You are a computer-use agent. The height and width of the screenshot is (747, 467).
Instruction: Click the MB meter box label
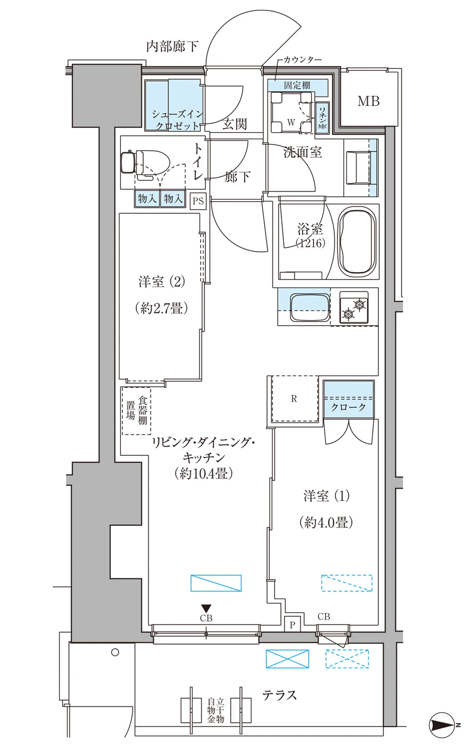368,101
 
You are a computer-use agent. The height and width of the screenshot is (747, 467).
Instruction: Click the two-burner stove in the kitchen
354,308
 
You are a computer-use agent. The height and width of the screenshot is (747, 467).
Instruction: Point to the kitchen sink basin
310,307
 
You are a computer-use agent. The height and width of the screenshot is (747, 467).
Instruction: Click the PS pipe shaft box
198,201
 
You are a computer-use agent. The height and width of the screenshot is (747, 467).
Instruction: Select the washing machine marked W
291,113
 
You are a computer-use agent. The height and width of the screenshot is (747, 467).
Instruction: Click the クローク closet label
348,407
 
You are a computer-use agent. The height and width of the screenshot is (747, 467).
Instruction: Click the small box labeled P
292,625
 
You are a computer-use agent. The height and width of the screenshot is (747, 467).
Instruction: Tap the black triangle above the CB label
206,609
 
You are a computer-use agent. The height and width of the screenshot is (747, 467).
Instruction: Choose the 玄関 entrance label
235,124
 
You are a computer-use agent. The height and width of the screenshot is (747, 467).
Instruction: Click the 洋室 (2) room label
162,282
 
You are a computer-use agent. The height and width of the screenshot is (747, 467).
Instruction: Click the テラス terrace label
280,696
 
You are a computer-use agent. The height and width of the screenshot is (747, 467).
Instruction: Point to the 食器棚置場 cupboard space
136,411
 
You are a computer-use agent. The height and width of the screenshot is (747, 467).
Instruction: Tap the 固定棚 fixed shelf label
297,85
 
